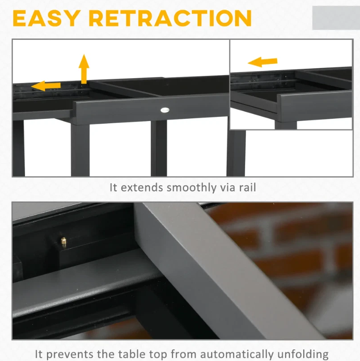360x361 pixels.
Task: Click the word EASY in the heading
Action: click(47, 18)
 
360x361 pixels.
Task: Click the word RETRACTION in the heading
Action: click(170, 18)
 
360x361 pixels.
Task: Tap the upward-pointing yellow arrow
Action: click(84, 69)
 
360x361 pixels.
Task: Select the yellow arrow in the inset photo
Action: click(263, 62)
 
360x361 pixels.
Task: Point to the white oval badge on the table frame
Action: click(165, 110)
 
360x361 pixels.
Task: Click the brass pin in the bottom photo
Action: click(64, 241)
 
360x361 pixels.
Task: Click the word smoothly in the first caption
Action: click(191, 187)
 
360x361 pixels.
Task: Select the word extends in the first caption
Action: click(142, 187)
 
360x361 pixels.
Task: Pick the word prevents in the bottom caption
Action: click(71, 354)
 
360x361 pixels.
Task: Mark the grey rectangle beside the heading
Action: click(336, 18)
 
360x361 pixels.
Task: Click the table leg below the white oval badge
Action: click(159, 148)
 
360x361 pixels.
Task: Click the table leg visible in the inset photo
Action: click(286, 125)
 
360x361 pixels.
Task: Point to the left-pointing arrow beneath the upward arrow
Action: click(46, 86)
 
